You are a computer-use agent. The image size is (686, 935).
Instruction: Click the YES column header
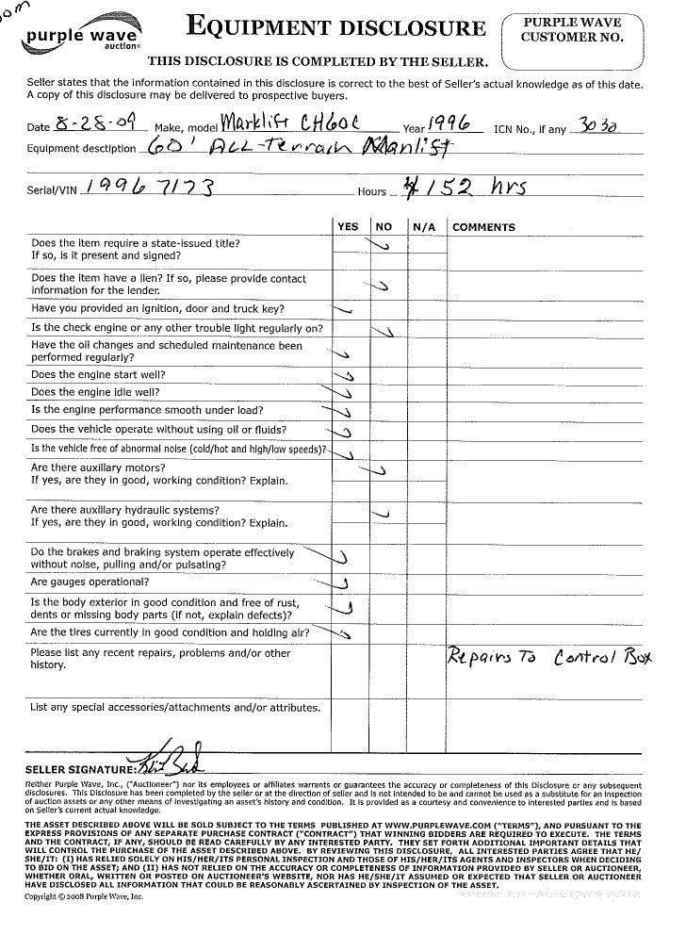pyautogui.click(x=348, y=227)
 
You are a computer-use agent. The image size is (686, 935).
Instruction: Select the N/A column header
pyautogui.click(x=421, y=227)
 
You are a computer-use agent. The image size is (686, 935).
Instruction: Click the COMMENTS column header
pyautogui.click(x=483, y=227)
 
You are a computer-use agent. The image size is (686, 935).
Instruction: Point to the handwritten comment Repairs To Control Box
pyautogui.click(x=549, y=657)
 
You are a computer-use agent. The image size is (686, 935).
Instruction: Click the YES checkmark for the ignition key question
pyautogui.click(x=344, y=309)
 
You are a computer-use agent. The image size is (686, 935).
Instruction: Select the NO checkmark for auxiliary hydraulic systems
pyautogui.click(x=382, y=514)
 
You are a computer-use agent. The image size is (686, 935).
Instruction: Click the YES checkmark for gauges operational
pyautogui.click(x=343, y=583)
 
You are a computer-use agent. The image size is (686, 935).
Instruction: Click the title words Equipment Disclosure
pyautogui.click(x=335, y=27)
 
